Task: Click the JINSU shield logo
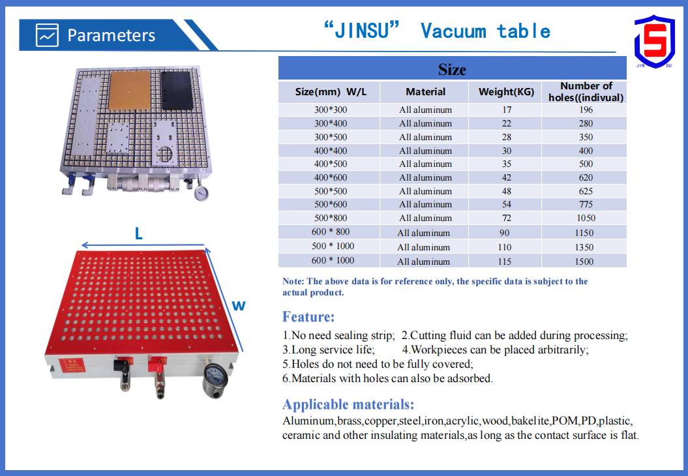pyautogui.click(x=654, y=42)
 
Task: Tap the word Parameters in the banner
pyautogui.click(x=111, y=35)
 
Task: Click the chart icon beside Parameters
pyautogui.click(x=47, y=35)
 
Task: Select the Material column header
pyautogui.click(x=425, y=92)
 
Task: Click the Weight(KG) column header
pyautogui.click(x=506, y=92)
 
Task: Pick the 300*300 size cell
pyautogui.click(x=331, y=110)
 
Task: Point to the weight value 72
pyautogui.click(x=506, y=218)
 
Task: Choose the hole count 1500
pyautogui.click(x=584, y=261)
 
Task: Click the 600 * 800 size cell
pyautogui.click(x=331, y=231)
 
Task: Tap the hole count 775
pyautogui.click(x=586, y=205)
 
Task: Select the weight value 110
pyautogui.click(x=505, y=247)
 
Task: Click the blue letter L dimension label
pyautogui.click(x=139, y=233)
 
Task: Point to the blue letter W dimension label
pyautogui.click(x=238, y=306)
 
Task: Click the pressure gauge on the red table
pyautogui.click(x=216, y=380)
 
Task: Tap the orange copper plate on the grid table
pyautogui.click(x=129, y=90)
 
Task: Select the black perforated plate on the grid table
pyautogui.click(x=177, y=91)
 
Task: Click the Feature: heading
pyautogui.click(x=308, y=317)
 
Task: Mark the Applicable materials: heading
pyautogui.click(x=348, y=404)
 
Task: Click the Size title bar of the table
pyautogui.click(x=453, y=68)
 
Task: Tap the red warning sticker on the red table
pyautogui.click(x=72, y=365)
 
